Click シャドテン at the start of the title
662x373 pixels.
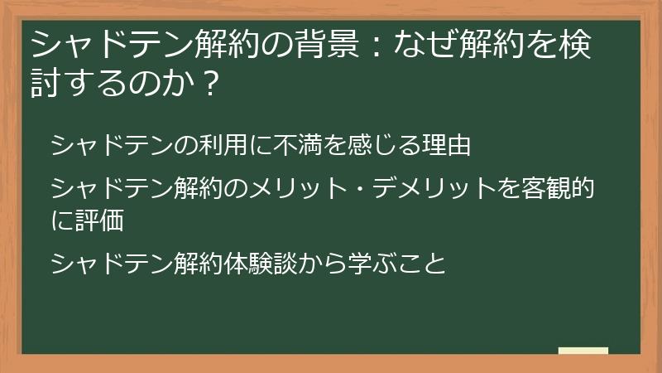tap(98, 44)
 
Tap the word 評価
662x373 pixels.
tap(99, 221)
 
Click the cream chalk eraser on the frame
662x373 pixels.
tap(583, 351)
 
